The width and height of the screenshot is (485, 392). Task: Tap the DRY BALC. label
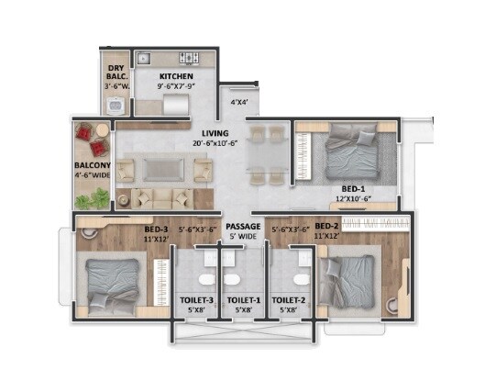click(116, 73)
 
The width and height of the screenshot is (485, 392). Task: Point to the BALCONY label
click(92, 166)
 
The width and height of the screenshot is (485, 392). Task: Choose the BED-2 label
click(327, 225)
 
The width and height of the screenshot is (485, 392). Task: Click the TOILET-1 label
click(243, 300)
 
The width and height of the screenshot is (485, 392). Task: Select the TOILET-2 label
click(288, 300)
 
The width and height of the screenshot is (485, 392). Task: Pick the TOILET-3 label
click(197, 300)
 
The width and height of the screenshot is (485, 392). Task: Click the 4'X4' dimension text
click(240, 103)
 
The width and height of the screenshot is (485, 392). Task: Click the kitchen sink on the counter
click(143, 60)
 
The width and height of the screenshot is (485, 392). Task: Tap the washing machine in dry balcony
click(116, 106)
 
